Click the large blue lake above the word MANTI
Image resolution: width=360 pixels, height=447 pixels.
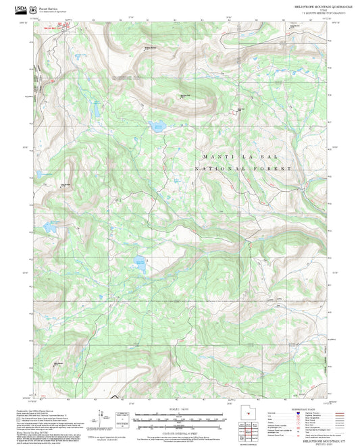coord(157,126)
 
